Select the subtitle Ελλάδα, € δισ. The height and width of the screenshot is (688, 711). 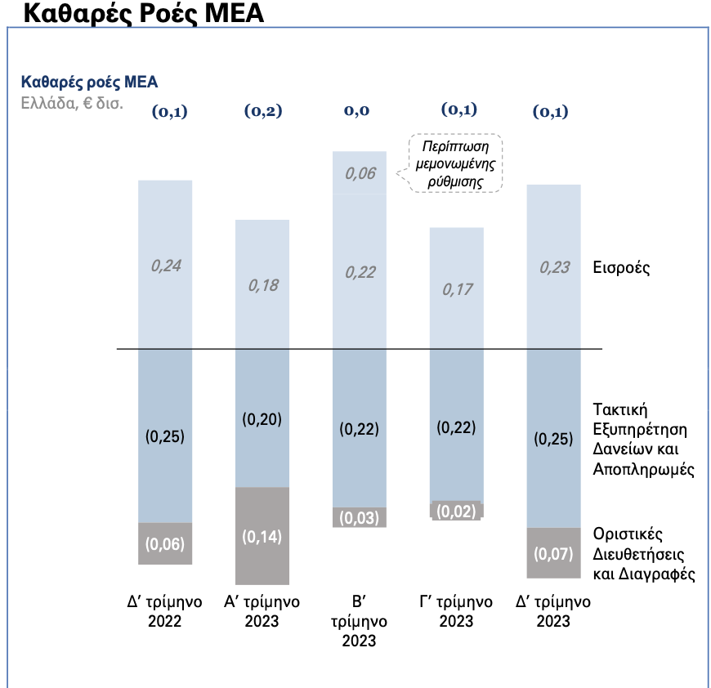pos(73,104)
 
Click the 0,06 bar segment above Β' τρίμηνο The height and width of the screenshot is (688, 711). pos(360,173)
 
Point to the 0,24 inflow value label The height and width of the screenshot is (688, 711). pos(165,265)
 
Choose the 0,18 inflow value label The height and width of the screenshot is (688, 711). pos(262,285)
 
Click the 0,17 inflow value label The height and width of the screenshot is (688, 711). pos(457,288)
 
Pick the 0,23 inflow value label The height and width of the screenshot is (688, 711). pos(555,266)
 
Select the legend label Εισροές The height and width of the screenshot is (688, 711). pos(622,267)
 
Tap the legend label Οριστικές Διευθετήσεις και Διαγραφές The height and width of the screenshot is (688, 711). pos(643,554)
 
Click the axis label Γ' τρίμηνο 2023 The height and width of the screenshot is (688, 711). pos(457,611)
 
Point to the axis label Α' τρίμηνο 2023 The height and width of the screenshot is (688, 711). pos(262,611)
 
